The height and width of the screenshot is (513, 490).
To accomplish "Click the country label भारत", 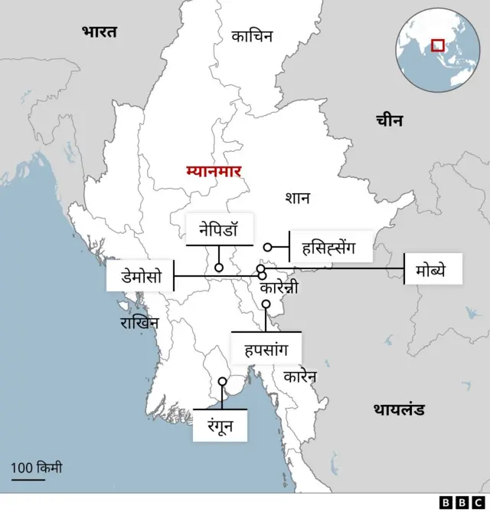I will coord(100,31).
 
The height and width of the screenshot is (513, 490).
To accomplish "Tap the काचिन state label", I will coord(252,35).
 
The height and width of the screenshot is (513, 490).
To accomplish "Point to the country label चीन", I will coord(390,120).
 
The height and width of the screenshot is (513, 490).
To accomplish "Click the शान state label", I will coord(297,198).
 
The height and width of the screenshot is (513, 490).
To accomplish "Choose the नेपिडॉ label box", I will coord(219,229).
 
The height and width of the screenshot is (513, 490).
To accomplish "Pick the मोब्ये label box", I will coord(433,269).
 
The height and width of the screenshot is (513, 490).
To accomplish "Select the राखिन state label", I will coord(139,323).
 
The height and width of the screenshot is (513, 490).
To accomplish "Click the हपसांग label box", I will coord(266,349).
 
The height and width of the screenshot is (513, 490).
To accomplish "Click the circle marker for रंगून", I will coord(222,381).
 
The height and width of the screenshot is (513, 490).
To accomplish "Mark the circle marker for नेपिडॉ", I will coord(219,268).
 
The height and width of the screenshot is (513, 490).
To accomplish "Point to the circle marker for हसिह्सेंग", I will coord(268,247).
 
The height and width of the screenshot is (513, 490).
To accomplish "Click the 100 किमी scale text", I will coord(37,467).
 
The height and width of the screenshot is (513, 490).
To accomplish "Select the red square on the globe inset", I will coord(438,45).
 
